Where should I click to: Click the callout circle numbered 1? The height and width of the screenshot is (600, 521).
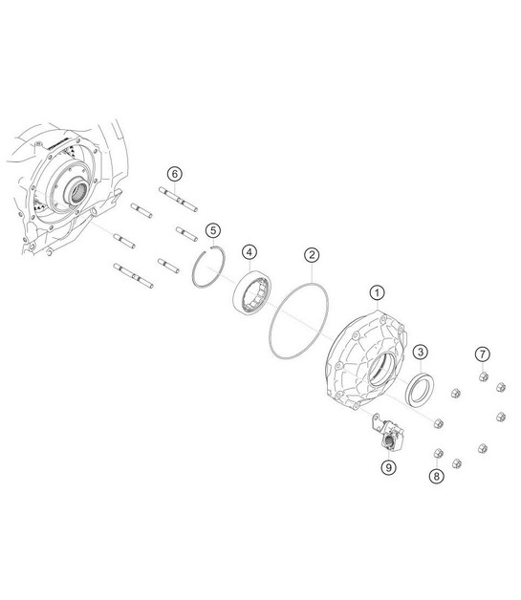(377, 292)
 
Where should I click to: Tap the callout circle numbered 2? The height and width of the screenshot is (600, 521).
(312, 255)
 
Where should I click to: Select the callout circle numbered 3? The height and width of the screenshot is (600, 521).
(421, 352)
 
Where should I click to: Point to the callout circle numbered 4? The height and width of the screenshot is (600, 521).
(250, 252)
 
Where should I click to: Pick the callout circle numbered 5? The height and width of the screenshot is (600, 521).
(213, 230)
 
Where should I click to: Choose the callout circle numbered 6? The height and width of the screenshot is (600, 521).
(175, 174)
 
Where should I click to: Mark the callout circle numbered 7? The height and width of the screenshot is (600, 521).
(483, 354)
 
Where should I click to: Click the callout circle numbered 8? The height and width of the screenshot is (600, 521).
(437, 477)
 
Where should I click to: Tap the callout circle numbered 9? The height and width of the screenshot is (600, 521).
(388, 467)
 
